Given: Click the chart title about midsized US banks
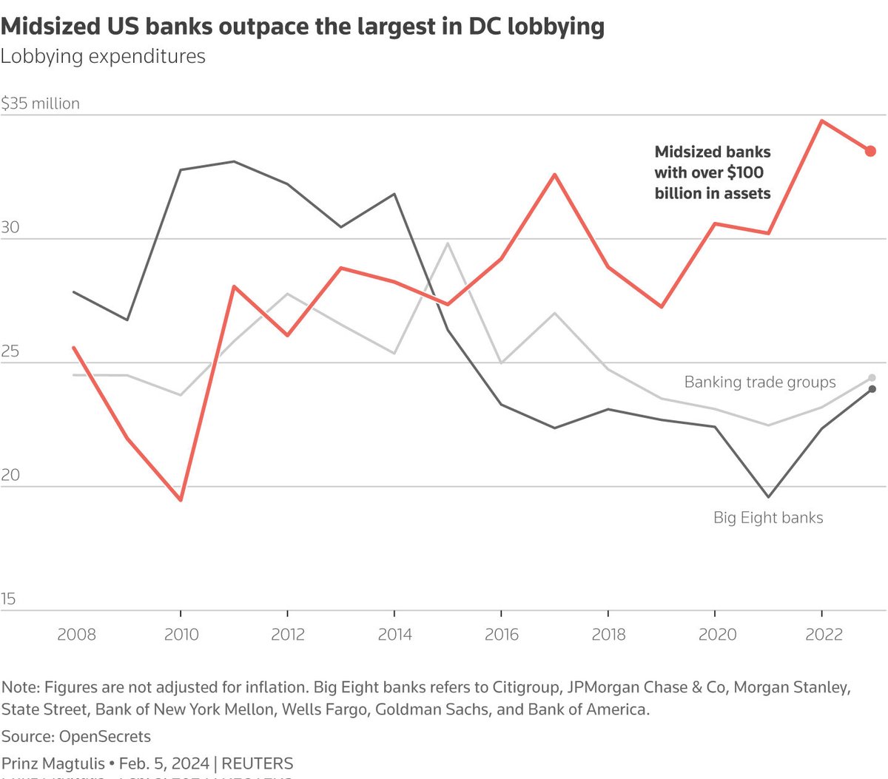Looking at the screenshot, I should tap(302, 27).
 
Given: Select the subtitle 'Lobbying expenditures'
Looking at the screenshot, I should tap(103, 57).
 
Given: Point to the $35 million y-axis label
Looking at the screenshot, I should tap(40, 104).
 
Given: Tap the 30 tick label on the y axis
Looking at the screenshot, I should tap(10, 228).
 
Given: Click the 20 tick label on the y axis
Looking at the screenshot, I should tap(10, 475).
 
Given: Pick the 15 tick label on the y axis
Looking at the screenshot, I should tap(8, 599).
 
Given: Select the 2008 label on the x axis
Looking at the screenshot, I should tap(76, 634).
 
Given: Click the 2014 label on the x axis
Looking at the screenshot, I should tap(394, 634).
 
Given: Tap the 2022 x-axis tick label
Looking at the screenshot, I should tap(824, 634).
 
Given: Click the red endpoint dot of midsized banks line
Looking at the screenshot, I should tap(870, 151).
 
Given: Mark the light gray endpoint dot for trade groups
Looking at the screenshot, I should tap(872, 378).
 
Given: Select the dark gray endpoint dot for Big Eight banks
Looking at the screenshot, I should tap(872, 389).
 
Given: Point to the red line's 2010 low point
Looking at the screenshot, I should tap(181, 500).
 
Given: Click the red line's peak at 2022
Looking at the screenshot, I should tap(821, 121).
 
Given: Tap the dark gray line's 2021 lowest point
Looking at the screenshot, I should tap(768, 497).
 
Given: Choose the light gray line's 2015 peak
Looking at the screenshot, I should tap(448, 243).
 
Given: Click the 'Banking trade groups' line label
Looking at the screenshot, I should tap(759, 382).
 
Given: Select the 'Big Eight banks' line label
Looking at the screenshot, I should tap(768, 518).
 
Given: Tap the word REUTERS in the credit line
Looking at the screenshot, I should tap(258, 763).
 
